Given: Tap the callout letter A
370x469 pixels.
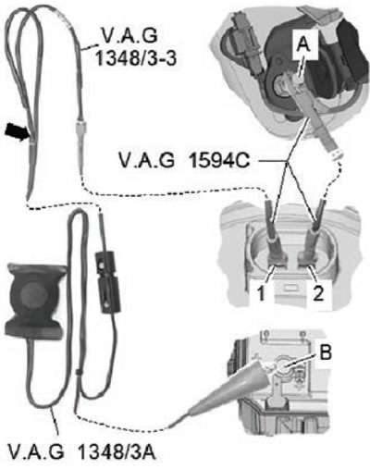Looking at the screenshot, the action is pyautogui.click(x=303, y=45).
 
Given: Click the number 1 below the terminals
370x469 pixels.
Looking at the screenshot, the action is pyautogui.click(x=262, y=293).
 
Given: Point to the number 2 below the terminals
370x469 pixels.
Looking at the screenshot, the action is pyautogui.click(x=318, y=293).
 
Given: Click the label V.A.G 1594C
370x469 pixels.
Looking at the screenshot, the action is pyautogui.click(x=184, y=161).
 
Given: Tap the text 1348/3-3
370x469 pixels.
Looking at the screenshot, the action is pyautogui.click(x=136, y=57).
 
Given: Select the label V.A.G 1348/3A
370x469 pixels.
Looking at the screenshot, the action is pyautogui.click(x=81, y=452).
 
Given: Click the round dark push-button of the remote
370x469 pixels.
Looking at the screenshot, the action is pyautogui.click(x=34, y=295).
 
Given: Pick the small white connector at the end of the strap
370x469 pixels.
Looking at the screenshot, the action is pyautogui.click(x=337, y=153).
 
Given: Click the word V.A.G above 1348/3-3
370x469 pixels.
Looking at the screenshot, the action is pyautogui.click(x=129, y=35).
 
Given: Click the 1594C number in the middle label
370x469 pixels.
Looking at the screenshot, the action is pyautogui.click(x=219, y=161).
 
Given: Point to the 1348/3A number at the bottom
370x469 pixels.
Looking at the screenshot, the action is pyautogui.click(x=117, y=452).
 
